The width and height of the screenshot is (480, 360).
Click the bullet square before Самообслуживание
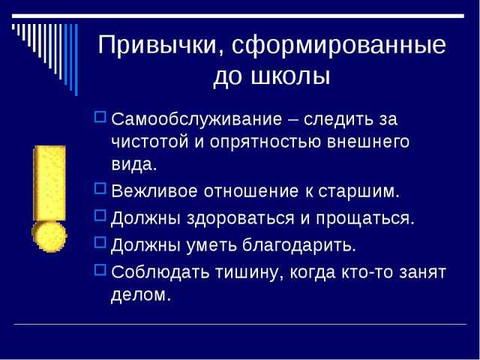(100, 117)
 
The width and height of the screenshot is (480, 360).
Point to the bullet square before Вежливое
(100, 188)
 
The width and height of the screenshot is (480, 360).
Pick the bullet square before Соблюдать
(100, 270)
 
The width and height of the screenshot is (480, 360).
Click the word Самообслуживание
(196, 119)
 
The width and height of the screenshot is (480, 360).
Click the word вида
(133, 165)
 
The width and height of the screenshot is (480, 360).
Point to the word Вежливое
(154, 191)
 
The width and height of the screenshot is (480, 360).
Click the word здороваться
(240, 218)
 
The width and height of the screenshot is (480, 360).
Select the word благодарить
(299, 244)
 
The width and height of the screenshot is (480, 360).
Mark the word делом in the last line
(140, 295)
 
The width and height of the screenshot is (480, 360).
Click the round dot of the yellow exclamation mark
(49, 237)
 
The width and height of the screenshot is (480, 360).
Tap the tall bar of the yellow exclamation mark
(49, 183)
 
